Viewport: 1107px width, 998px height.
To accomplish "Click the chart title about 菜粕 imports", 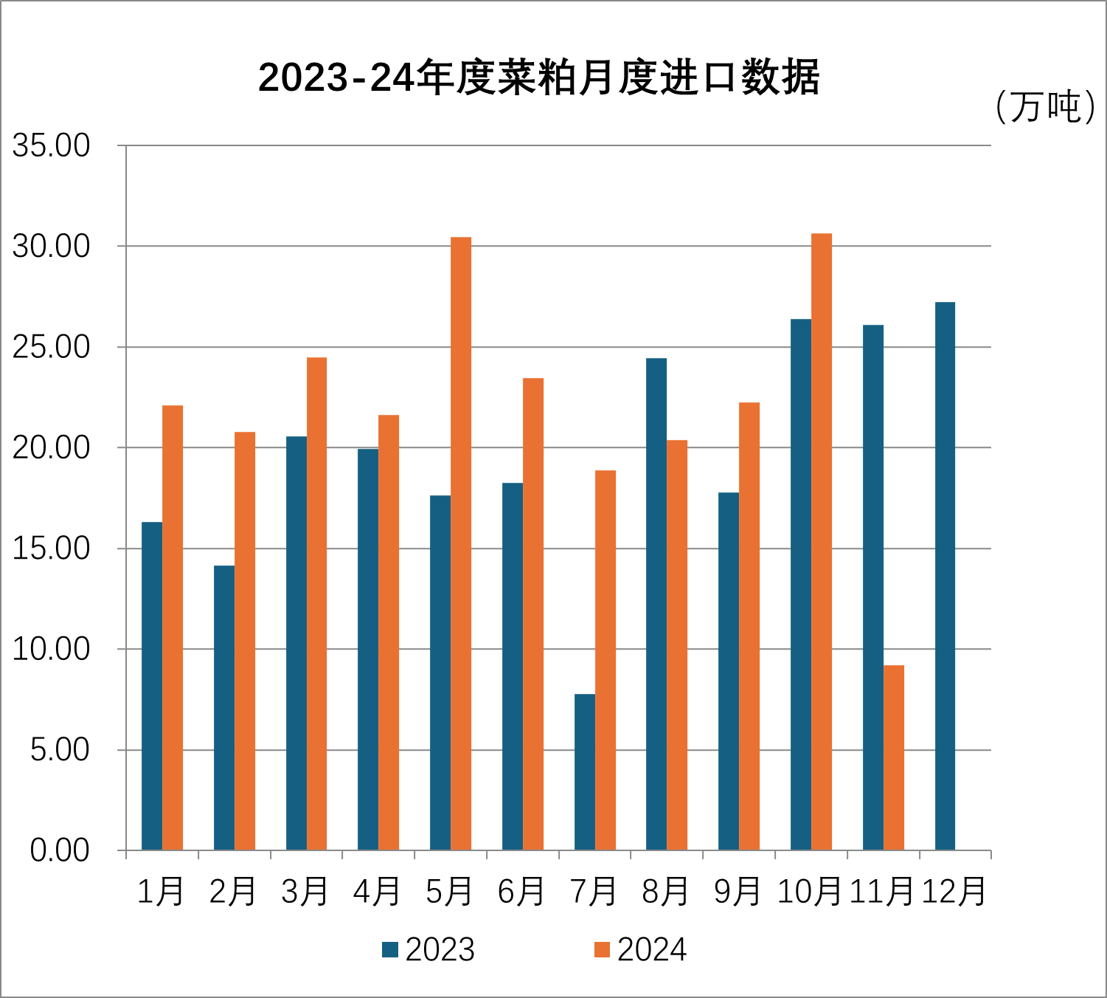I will (x=538, y=78).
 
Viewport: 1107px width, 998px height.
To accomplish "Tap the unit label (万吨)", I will (x=1044, y=107).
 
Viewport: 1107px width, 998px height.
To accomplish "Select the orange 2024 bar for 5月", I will (x=461, y=543).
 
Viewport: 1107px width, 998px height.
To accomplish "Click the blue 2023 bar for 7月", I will (x=585, y=772).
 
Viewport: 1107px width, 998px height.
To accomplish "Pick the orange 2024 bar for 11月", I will (x=894, y=757).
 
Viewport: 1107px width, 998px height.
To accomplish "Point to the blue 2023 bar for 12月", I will (x=945, y=576).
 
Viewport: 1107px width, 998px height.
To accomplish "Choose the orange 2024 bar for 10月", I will (x=822, y=542).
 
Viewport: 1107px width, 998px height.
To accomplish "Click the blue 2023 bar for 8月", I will (x=656, y=604).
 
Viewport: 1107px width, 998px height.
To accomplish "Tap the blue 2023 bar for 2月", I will (x=224, y=707).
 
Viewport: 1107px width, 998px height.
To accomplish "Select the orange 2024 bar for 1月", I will (x=173, y=627).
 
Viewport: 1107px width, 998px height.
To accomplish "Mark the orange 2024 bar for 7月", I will (x=605, y=660).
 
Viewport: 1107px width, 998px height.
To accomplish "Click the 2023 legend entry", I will (x=428, y=950).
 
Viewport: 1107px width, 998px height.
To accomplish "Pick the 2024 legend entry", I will (x=640, y=950).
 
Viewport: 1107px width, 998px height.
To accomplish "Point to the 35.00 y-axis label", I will (x=51, y=145).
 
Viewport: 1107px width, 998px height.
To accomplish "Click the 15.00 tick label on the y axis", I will (x=51, y=548).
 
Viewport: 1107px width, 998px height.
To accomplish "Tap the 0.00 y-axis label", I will (x=60, y=850).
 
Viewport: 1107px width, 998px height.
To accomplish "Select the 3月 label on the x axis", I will (x=305, y=892).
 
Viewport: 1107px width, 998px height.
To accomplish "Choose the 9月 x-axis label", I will (x=738, y=892).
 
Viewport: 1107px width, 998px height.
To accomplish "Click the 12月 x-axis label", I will (x=954, y=892).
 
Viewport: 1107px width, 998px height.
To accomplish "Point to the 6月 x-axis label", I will (x=521, y=892).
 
